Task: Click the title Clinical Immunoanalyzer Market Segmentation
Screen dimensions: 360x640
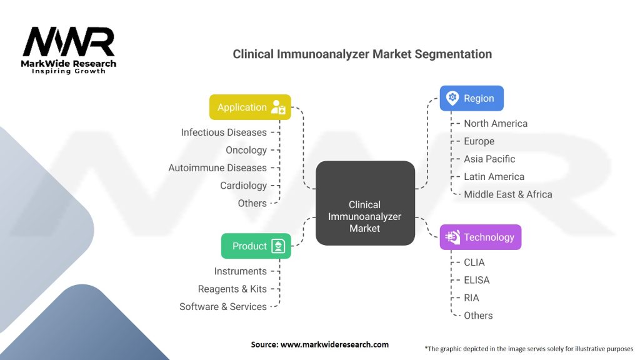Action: coord(362,54)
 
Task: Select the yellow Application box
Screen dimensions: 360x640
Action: coord(250,107)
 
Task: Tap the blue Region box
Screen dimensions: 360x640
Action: coord(471,98)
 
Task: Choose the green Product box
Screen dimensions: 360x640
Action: coord(256,246)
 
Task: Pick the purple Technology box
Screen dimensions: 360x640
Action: coord(480,237)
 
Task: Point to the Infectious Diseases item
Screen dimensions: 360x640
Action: coord(224,132)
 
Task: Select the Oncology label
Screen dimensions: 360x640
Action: coord(246,150)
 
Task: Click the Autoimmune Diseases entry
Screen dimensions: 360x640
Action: coord(217,167)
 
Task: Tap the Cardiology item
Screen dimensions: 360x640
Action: coord(243,186)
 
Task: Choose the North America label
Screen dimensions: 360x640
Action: coord(495,124)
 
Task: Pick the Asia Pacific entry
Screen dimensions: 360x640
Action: coord(489,159)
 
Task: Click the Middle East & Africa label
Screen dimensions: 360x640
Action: coord(507,194)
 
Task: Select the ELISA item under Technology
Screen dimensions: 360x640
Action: coord(476,280)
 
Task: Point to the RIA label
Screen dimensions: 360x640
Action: coord(471,297)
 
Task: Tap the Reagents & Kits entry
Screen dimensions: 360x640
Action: coord(232,289)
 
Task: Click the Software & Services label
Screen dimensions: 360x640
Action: coord(223,307)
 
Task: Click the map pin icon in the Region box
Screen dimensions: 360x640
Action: coord(452,98)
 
